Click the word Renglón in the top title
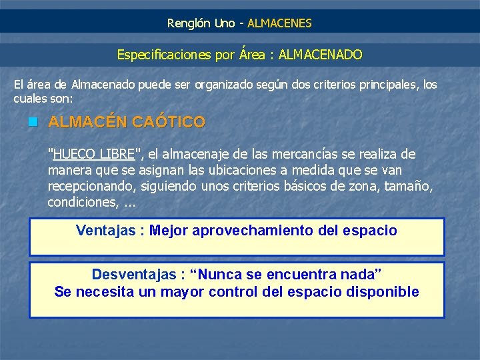coord(189,23)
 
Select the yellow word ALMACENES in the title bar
coord(279,23)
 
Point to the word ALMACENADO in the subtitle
coord(321,55)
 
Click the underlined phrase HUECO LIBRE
coord(94,155)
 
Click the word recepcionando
coord(89,187)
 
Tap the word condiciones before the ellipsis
coord(80,203)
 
